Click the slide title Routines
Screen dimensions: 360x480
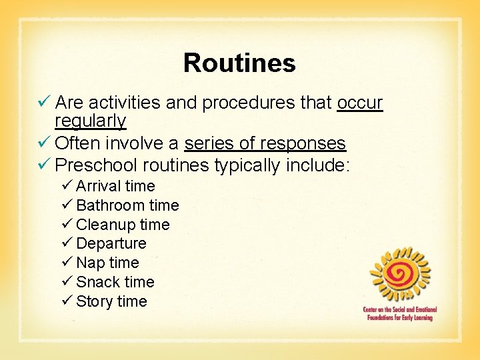pyautogui.click(x=239, y=63)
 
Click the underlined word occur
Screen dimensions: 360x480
pyautogui.click(x=360, y=103)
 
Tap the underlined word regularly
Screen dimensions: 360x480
pyautogui.click(x=90, y=121)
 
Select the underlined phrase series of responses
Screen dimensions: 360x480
pyautogui.click(x=265, y=143)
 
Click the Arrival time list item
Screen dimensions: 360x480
pyautogui.click(x=115, y=186)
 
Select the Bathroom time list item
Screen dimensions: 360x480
pyautogui.click(x=127, y=205)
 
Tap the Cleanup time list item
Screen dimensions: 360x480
pyautogui.click(x=123, y=225)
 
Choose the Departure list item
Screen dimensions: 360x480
pyautogui.click(x=111, y=243)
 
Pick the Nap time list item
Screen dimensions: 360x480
pyautogui.click(x=107, y=263)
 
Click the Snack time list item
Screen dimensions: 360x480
pyautogui.click(x=115, y=282)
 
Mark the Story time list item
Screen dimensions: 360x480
pyautogui.click(x=111, y=301)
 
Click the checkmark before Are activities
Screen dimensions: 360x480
pyautogui.click(x=45, y=103)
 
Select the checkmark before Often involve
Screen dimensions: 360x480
pyautogui.click(x=45, y=143)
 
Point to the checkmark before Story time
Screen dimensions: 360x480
pyautogui.click(x=67, y=301)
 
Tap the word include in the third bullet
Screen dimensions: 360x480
pyautogui.click(x=316, y=164)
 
